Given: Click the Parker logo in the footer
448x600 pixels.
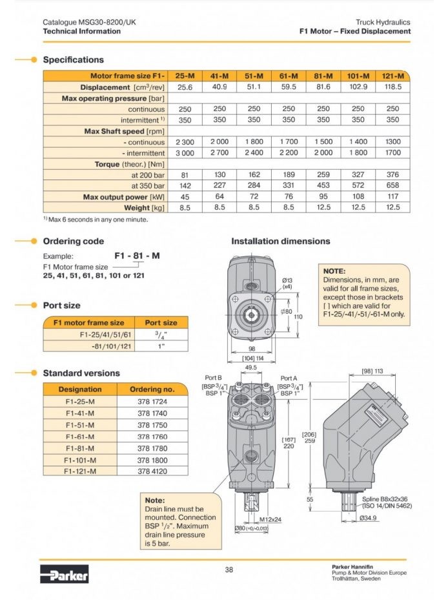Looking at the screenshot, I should click(x=64, y=574).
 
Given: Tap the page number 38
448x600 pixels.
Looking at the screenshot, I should click(x=229, y=569).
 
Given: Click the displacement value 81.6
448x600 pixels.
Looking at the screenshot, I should click(x=323, y=87).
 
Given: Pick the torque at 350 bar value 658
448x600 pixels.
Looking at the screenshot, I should click(x=392, y=185).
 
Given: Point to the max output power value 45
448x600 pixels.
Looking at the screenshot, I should click(x=185, y=196).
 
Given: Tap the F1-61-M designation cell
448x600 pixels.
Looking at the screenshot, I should click(x=80, y=437).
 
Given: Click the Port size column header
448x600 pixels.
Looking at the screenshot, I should click(x=161, y=322).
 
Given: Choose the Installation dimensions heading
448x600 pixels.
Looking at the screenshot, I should click(x=280, y=242).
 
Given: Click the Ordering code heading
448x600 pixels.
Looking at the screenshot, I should click(x=73, y=242).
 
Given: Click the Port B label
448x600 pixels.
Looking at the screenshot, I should click(x=213, y=378).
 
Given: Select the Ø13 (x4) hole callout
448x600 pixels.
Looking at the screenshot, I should click(x=287, y=282).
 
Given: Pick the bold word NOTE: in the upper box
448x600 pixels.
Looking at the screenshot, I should click(x=334, y=271).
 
